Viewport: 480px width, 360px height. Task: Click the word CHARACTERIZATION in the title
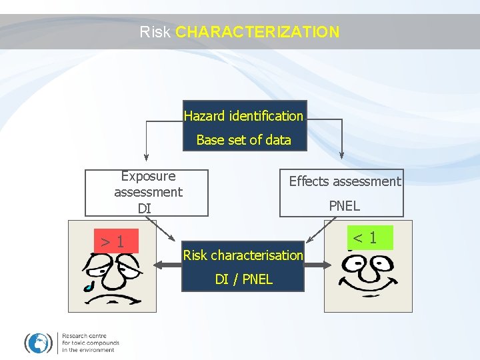257,31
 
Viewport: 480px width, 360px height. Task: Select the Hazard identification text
243,116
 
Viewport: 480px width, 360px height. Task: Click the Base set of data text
243,140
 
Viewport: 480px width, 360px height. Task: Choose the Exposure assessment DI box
147,193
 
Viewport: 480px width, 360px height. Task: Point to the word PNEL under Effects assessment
344,206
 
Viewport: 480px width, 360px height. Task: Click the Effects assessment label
345,181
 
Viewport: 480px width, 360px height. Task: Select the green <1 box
365,237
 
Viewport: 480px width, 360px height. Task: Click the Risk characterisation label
243,255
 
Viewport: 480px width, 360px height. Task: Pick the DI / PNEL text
243,279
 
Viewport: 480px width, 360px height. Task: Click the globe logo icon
39,343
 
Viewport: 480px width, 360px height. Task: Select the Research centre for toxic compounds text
90,343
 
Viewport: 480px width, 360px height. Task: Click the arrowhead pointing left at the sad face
158,265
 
